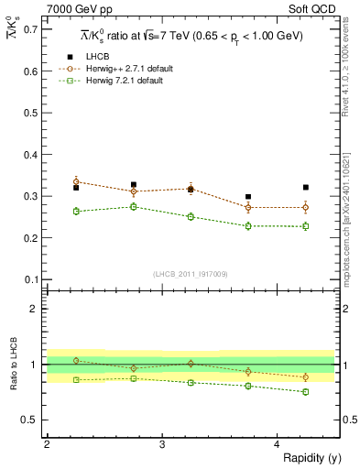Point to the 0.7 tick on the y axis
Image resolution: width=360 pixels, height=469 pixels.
click(31, 28)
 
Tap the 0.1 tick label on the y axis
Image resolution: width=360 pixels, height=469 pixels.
click(31, 279)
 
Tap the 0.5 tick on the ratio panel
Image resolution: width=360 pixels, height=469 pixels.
click(31, 420)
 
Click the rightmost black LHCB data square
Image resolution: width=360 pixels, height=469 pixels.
click(306, 187)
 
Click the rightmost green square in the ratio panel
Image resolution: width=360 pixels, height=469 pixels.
click(306, 392)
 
